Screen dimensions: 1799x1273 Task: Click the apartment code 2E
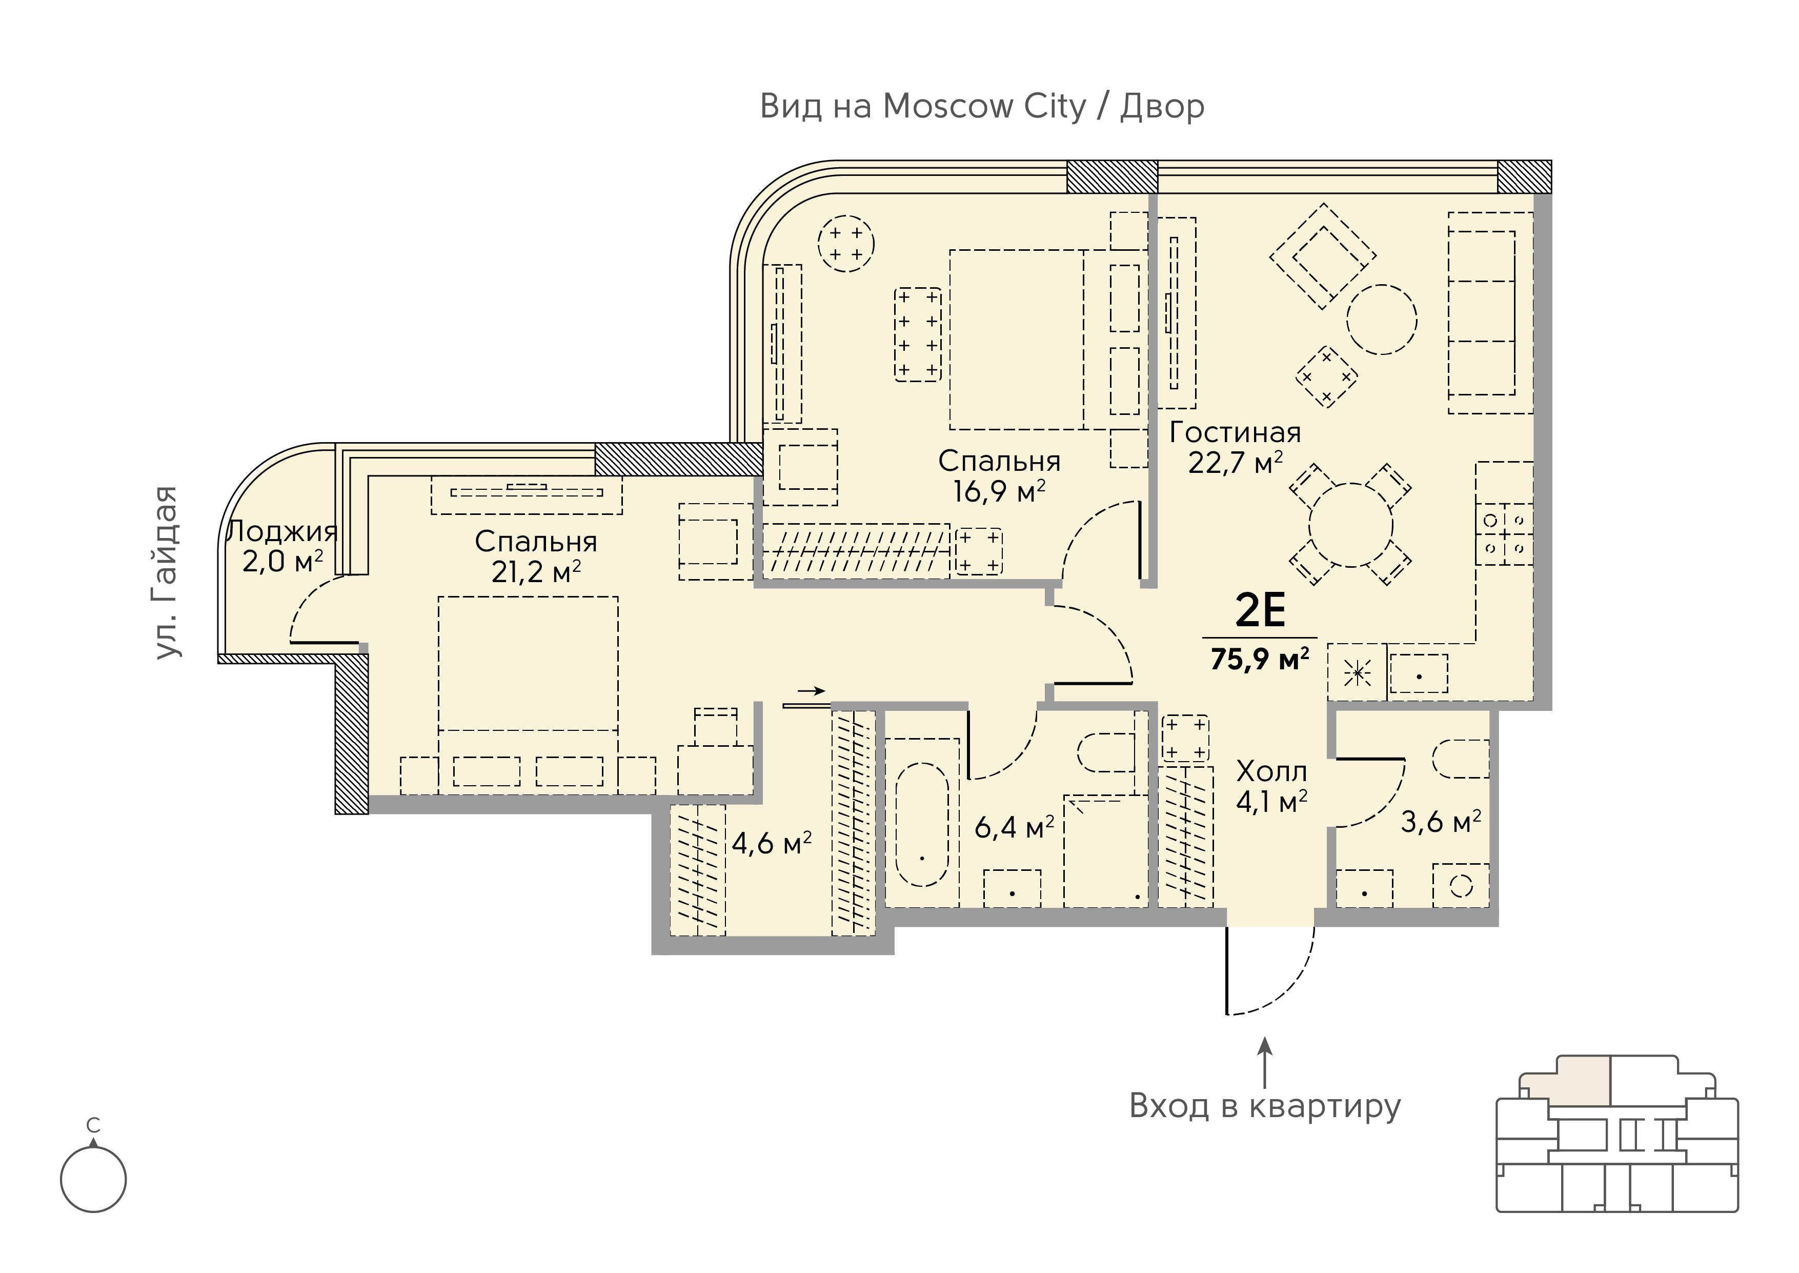tap(1260, 611)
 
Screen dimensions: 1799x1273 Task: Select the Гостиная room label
tap(1235, 433)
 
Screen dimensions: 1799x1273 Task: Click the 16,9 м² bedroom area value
tap(999, 491)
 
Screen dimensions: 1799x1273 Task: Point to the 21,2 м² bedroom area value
tap(536, 571)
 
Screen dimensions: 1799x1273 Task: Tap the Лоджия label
tap(282, 532)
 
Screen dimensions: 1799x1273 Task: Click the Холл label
tap(1271, 771)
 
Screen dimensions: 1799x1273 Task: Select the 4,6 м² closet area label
tap(772, 843)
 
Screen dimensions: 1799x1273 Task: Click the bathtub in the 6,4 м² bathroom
tap(922, 824)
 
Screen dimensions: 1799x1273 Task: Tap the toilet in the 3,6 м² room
tap(1461, 759)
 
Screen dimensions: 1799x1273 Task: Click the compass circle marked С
tap(93, 1180)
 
